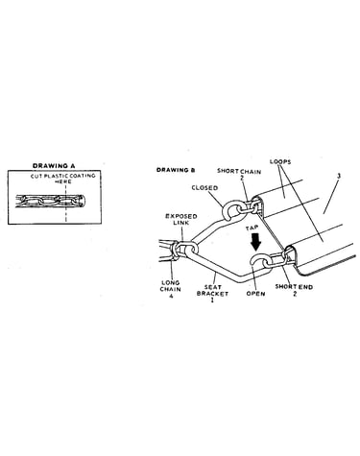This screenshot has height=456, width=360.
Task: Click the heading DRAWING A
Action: (x=54, y=166)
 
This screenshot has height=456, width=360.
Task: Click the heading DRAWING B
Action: (x=176, y=170)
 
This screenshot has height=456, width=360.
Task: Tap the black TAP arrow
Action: (x=256, y=241)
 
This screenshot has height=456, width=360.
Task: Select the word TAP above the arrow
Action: (x=252, y=228)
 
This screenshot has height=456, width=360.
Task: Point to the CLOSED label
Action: (x=204, y=188)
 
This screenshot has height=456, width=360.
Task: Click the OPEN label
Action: (x=255, y=294)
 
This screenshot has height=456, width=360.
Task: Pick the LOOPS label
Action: (x=280, y=161)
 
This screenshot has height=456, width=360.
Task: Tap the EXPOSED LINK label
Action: (x=180, y=220)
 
